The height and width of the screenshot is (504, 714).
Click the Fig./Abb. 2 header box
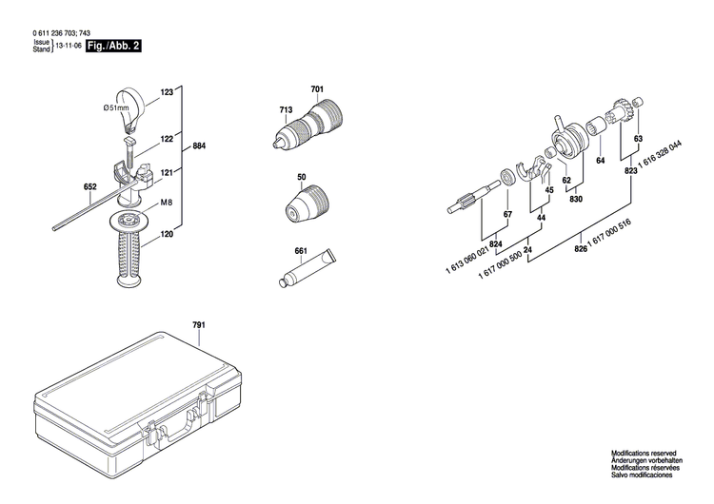pos(112,46)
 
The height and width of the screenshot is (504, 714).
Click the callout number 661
pos(301,251)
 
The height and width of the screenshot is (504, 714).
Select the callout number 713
pos(285,111)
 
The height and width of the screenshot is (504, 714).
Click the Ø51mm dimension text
pos(116,108)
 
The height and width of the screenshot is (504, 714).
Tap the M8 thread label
pos(166,203)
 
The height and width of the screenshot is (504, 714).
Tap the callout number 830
pos(576,199)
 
